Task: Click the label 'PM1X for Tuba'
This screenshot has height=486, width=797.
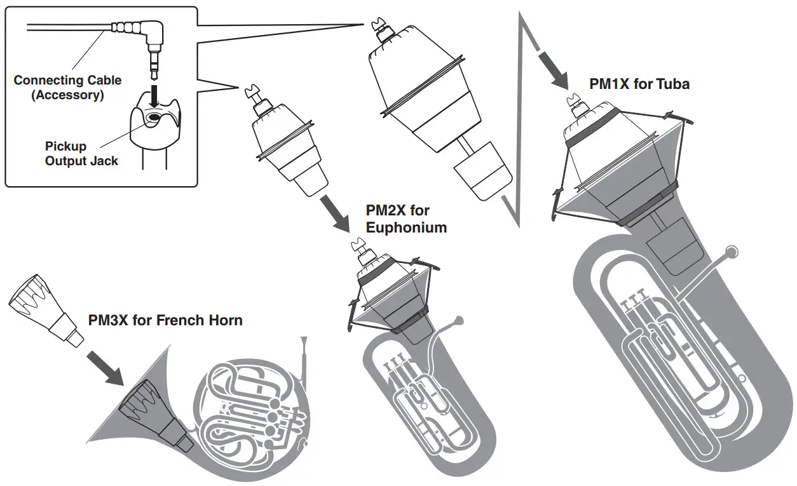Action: pos(639,83)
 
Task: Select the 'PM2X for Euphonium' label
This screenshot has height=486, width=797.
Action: pos(406,219)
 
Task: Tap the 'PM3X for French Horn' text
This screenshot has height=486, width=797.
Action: pos(165,320)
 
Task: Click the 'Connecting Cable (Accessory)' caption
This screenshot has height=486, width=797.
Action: pos(67,88)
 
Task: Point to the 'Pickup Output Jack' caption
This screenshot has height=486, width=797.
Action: pos(81,154)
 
